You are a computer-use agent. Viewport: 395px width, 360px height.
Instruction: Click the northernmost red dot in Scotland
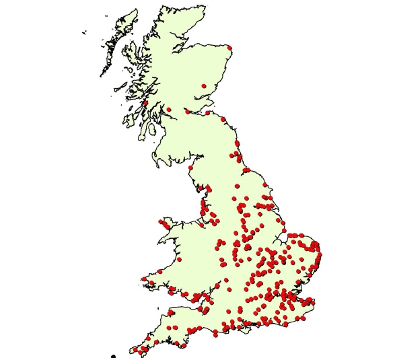[x=229, y=48]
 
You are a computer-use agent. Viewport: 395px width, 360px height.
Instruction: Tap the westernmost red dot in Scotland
[x=145, y=103]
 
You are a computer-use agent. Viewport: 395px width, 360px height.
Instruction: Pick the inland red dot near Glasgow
[x=169, y=109]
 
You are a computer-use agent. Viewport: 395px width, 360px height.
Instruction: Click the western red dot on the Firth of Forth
[x=188, y=112]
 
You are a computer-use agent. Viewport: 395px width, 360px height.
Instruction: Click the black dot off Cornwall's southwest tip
[x=114, y=355]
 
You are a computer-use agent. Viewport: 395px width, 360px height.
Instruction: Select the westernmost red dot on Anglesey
[x=160, y=221]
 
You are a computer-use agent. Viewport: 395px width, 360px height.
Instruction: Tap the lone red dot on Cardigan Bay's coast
[x=179, y=258]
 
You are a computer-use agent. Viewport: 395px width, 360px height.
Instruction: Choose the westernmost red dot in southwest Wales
[x=143, y=279]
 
